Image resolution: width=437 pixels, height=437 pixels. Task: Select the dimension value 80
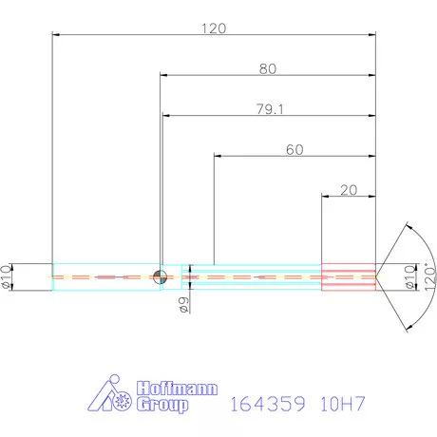[267, 68]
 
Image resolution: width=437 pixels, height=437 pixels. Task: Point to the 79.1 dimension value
[268, 109]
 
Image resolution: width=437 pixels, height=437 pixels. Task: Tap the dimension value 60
[294, 149]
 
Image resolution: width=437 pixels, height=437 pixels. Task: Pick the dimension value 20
[348, 190]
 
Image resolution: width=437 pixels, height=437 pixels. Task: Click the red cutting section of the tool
[348, 275]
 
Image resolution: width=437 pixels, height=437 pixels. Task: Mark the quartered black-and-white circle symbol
[161, 276]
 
